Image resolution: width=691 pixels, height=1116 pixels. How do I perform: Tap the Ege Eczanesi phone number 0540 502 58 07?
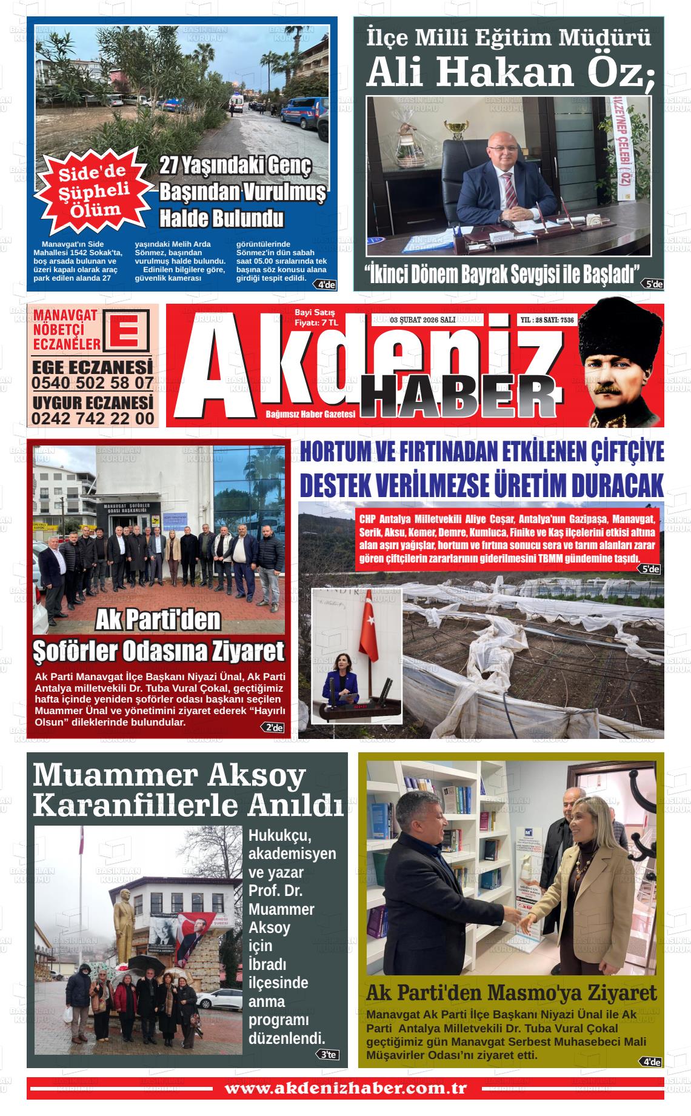pyautogui.click(x=92, y=383)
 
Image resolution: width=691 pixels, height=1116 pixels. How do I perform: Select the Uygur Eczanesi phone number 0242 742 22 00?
pyautogui.click(x=92, y=418)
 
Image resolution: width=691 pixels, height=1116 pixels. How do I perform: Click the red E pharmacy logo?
pyautogui.click(x=127, y=330)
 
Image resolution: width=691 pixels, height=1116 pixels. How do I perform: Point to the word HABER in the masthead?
pyautogui.click(x=458, y=396)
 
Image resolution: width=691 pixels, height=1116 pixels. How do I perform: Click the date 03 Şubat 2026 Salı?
pyautogui.click(x=423, y=320)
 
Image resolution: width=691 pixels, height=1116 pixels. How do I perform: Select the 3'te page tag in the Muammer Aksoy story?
pyautogui.click(x=328, y=1055)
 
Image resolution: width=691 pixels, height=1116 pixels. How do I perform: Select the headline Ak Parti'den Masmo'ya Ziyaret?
pyautogui.click(x=511, y=993)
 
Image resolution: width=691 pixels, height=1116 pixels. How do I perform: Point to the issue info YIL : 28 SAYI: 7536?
pyautogui.click(x=547, y=320)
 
